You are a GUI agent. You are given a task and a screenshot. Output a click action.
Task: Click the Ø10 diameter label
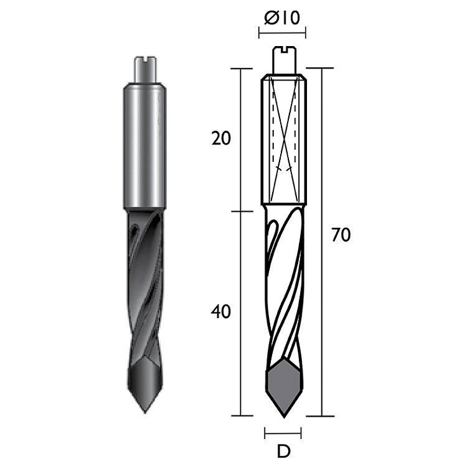[x=282, y=19]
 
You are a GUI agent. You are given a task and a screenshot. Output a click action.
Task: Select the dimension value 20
[x=221, y=138]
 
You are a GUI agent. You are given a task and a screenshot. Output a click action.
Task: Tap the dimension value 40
[x=220, y=312]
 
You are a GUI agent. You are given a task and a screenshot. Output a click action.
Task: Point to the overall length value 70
[x=341, y=235]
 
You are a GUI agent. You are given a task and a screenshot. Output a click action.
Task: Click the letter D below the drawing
[x=283, y=452]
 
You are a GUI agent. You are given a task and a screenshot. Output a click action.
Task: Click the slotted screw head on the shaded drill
[x=145, y=68]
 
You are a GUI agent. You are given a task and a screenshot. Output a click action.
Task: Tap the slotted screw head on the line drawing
[x=285, y=60]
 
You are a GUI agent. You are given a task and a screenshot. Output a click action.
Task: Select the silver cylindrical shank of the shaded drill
[x=144, y=146]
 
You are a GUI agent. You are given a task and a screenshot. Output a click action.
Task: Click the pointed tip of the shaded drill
[x=144, y=412]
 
